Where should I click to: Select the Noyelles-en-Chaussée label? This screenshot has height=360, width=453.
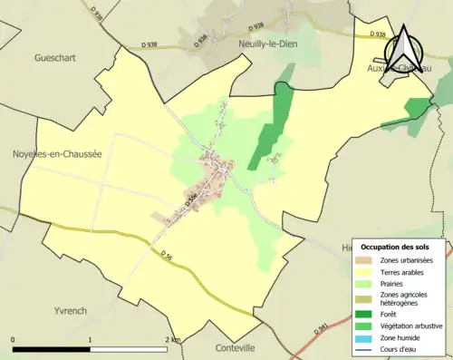(56, 154)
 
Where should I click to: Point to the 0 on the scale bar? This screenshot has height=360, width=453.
(14, 339)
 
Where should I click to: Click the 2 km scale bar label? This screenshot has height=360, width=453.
(172, 339)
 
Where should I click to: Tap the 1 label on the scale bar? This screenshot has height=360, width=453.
(90, 339)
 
